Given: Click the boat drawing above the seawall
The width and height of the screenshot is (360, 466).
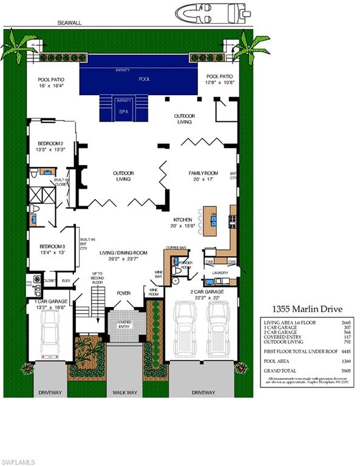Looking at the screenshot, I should (212, 12).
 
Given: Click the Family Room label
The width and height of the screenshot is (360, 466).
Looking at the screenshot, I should (202, 177).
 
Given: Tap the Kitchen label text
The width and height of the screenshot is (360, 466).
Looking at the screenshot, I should (183, 220).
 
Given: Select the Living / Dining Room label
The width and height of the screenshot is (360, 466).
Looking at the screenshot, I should (124, 255).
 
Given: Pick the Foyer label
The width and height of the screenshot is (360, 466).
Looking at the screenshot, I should (124, 294).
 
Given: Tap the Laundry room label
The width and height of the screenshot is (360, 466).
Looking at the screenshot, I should (220, 273).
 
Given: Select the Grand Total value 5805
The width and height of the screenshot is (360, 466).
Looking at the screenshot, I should (345, 370).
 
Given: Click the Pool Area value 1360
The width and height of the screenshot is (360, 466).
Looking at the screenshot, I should (345, 360).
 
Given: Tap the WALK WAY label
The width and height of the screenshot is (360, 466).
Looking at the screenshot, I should (124, 393).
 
